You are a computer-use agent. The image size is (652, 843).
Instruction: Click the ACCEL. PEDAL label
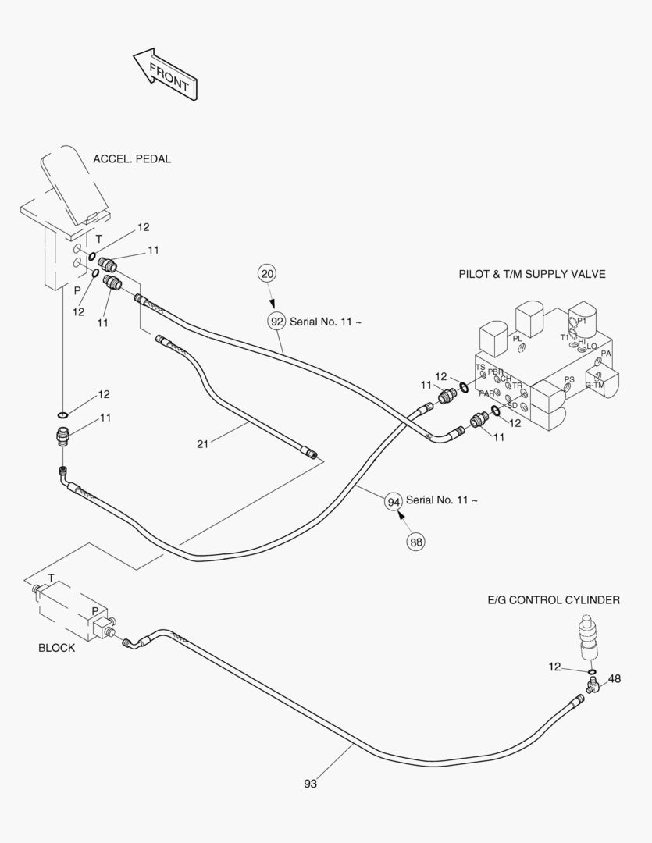(132, 159)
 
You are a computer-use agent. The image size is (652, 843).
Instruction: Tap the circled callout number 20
(268, 273)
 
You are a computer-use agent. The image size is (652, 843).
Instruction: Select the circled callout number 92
(276, 321)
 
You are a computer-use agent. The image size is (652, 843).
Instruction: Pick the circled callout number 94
(393, 500)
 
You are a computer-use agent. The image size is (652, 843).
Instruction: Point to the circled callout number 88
(415, 542)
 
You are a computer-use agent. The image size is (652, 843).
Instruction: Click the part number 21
(203, 444)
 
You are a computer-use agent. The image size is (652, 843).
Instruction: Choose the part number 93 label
(311, 784)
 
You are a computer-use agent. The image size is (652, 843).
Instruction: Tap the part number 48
(615, 679)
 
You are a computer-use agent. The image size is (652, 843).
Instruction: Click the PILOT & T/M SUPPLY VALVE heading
(532, 274)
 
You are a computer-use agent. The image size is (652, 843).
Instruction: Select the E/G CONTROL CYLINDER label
(554, 600)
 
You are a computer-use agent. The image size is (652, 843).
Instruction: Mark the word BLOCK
(57, 648)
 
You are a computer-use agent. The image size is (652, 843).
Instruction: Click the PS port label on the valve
(569, 380)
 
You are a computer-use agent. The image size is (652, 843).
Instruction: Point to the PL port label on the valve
(517, 339)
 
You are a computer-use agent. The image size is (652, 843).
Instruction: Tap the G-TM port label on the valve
(594, 385)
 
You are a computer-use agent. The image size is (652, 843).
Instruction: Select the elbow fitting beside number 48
(591, 686)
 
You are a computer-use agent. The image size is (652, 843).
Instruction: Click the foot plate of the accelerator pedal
(69, 185)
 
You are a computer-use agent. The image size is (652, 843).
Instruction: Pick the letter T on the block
(51, 578)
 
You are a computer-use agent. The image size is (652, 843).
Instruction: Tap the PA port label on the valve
(606, 354)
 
